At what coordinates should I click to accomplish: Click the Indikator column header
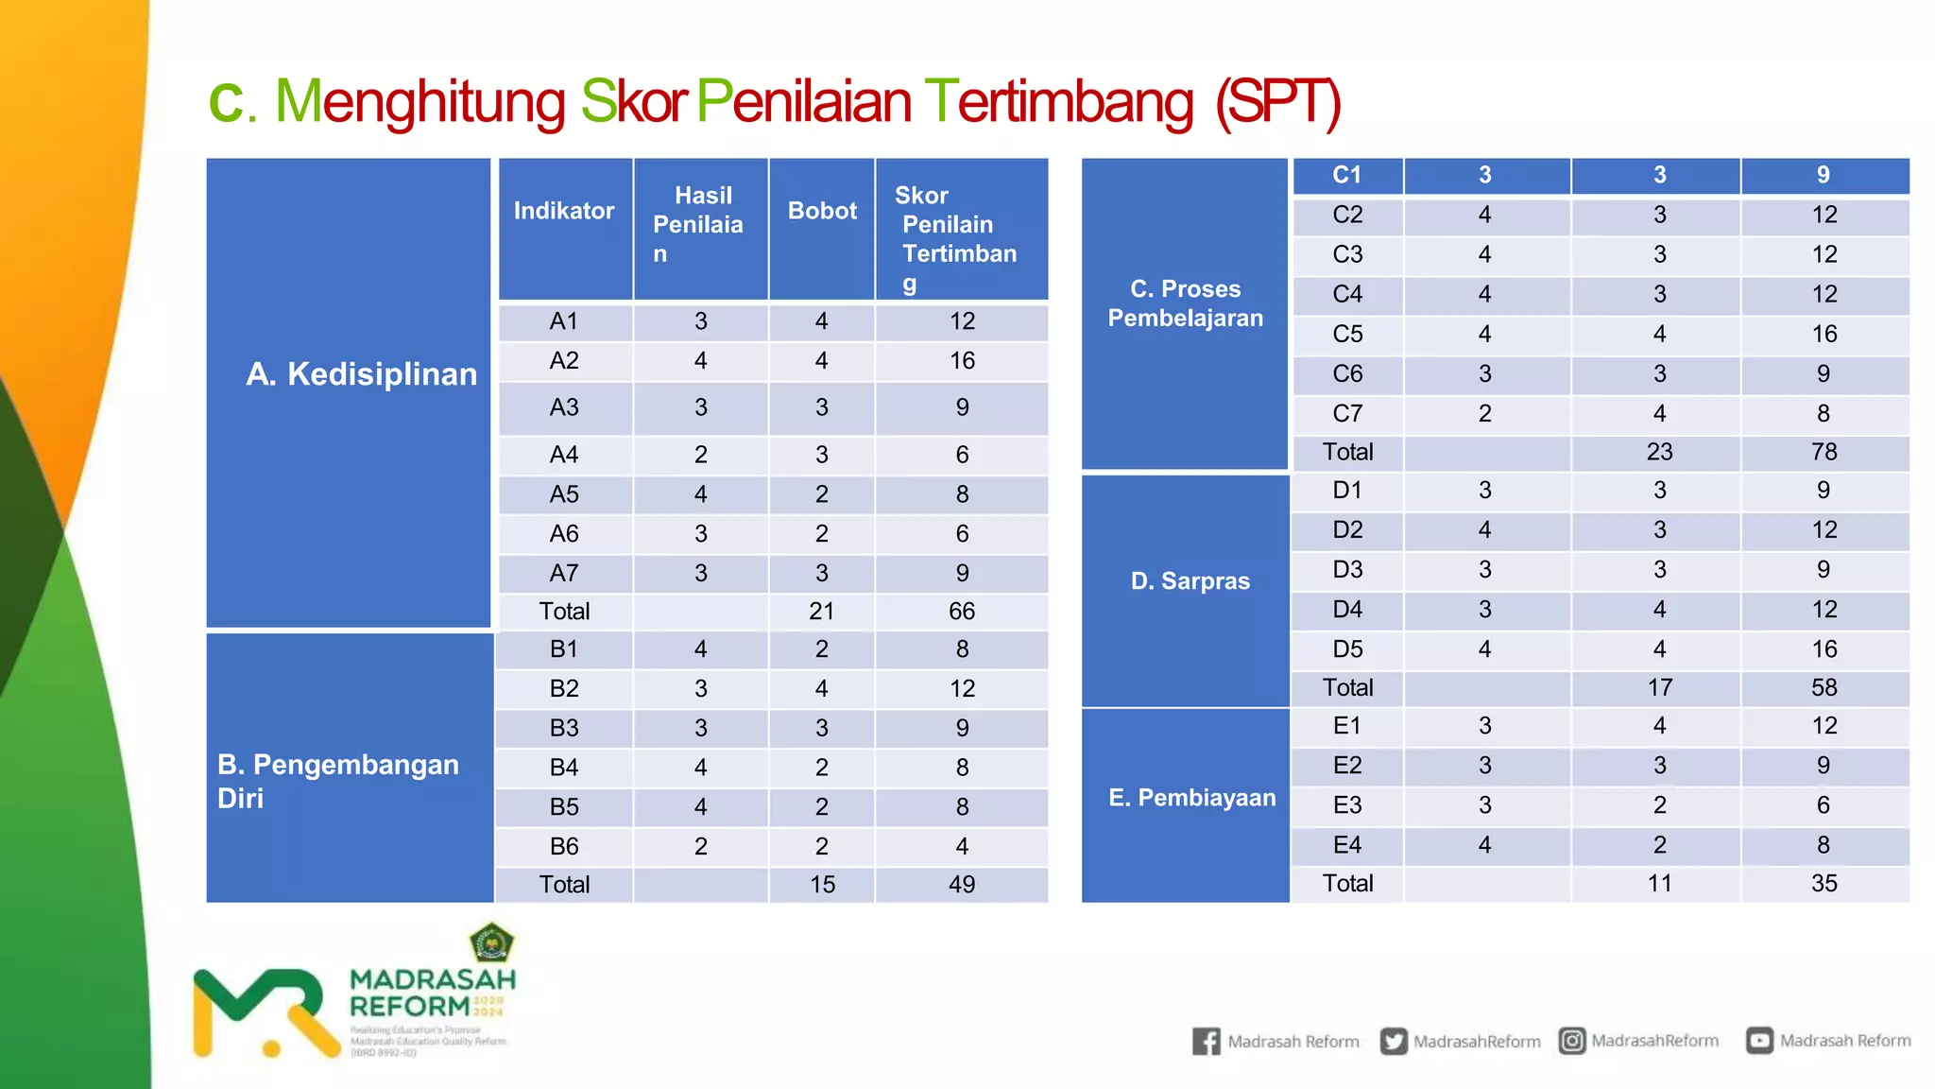[564, 211]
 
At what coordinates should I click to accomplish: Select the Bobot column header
[822, 211]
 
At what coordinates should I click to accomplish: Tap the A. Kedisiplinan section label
[362, 374]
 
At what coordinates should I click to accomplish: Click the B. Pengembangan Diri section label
[338, 781]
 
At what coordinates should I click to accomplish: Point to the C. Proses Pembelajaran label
[1185, 303]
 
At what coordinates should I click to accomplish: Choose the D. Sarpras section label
[1190, 580]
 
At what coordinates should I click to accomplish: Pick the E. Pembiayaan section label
[1191, 798]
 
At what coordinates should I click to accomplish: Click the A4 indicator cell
[564, 455]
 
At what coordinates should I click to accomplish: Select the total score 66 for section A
[962, 612]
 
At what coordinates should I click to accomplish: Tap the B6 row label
[564, 846]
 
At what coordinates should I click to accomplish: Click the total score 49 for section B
[962, 885]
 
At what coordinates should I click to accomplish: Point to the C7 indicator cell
[1347, 413]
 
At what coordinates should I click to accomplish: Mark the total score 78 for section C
[1824, 452]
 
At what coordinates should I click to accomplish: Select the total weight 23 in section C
[1659, 452]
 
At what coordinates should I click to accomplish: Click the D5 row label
[1347, 649]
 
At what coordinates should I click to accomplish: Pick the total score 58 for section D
[1824, 687]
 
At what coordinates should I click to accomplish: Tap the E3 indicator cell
[1347, 805]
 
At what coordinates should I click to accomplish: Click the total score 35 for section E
[1824, 883]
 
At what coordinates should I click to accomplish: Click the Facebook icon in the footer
[1206, 1041]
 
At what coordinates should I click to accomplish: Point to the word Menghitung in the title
[420, 101]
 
